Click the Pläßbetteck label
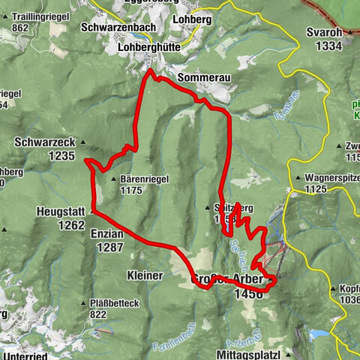[x=113, y=303]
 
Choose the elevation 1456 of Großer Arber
[x=248, y=295]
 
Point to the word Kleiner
[x=145, y=275]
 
